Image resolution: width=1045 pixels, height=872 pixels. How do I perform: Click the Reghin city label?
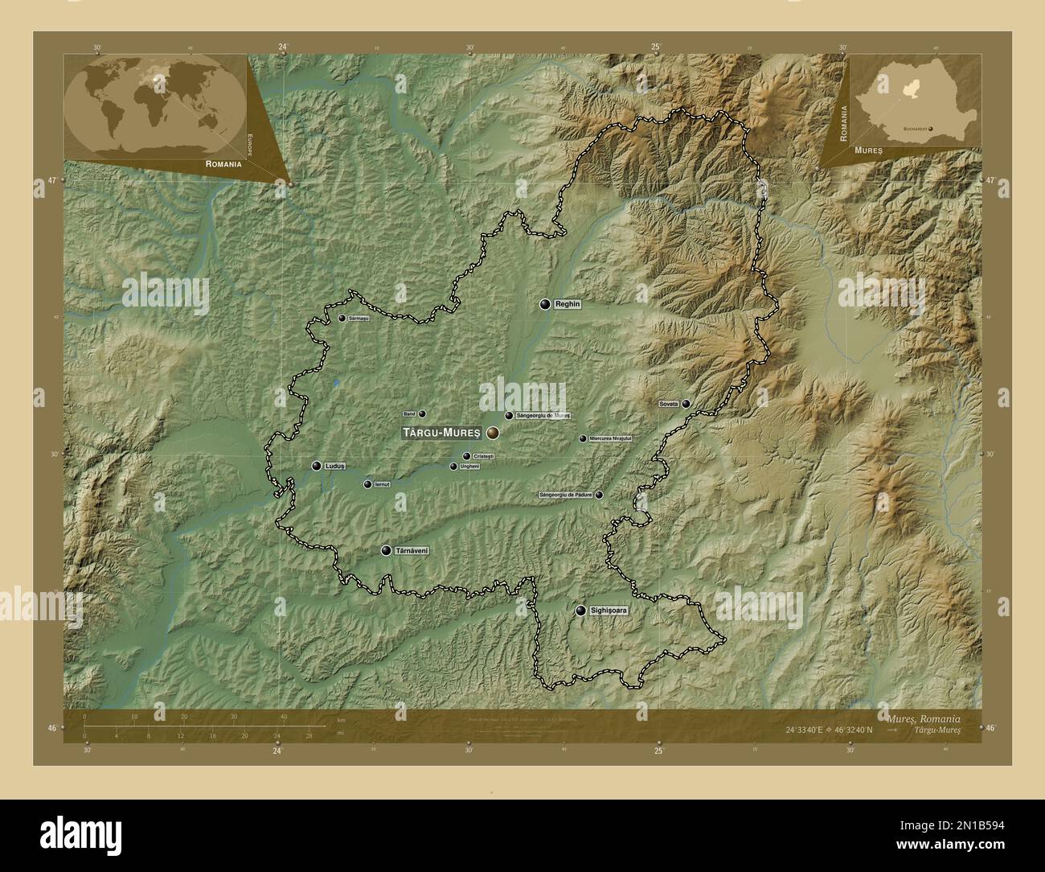[x=568, y=305]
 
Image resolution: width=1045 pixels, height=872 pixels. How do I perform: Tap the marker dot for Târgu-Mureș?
[x=491, y=433]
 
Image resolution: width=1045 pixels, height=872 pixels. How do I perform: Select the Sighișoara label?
[x=607, y=611]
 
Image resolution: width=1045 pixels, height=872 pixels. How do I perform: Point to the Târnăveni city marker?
[x=387, y=550]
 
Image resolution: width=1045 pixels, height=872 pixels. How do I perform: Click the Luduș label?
[x=335, y=466]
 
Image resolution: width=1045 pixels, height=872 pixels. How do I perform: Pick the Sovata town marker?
[x=686, y=404]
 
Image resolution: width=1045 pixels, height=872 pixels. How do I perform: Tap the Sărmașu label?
[x=359, y=319]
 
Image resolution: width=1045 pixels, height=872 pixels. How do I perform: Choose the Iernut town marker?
[x=367, y=484]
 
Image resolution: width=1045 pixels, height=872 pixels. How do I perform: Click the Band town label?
[x=409, y=414]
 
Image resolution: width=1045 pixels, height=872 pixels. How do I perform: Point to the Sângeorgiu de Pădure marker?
[x=599, y=495]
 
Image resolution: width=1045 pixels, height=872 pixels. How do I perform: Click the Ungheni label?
[x=469, y=467]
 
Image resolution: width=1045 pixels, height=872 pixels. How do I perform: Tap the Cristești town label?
[x=484, y=456]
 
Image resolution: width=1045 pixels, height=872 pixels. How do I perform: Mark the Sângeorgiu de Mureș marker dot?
[x=509, y=416]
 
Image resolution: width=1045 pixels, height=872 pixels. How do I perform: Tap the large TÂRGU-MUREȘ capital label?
[x=441, y=433]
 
